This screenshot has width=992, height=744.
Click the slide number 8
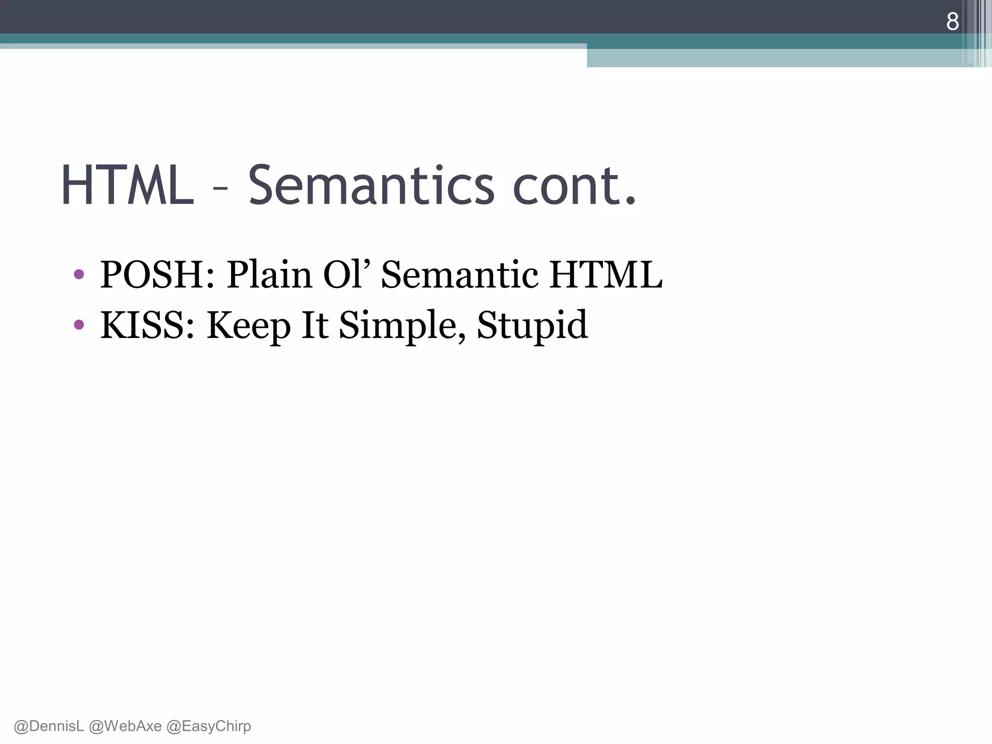coord(952,22)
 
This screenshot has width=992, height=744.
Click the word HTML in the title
coord(127,186)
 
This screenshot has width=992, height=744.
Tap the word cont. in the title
coord(574,186)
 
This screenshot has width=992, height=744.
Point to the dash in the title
coord(220,189)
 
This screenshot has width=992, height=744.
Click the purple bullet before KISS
coord(79,325)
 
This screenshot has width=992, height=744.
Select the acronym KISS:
coord(148,325)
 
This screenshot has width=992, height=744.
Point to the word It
coord(315,325)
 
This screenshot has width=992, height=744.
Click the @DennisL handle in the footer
coord(49,726)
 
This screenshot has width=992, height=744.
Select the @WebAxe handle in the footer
coord(125,726)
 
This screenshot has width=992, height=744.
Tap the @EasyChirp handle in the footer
coord(209,726)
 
